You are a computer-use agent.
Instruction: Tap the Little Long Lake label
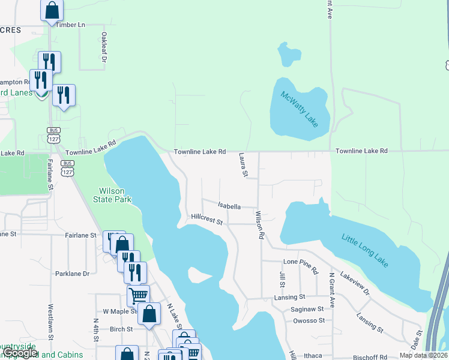point(366,250)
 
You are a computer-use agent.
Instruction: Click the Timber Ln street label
point(71,25)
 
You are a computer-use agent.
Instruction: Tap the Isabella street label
point(229,206)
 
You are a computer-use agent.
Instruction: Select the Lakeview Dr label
point(355,283)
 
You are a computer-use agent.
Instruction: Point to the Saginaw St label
point(308,309)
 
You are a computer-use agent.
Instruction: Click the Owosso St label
point(309,320)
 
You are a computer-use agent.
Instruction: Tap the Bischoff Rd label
point(369,356)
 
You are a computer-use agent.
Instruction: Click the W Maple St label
point(121,311)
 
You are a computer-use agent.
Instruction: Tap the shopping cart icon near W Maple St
point(138,295)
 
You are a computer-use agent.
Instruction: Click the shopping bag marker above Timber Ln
point(52,10)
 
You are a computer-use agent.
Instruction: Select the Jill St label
point(282,279)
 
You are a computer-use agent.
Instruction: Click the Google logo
point(21,353)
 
